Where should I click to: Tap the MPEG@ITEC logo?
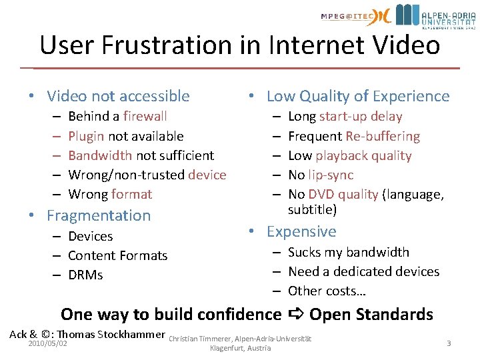354,16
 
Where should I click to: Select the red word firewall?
145,117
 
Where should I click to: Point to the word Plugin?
86,136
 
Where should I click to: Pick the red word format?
131,194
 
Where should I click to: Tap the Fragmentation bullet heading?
99,215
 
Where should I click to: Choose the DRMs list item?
85,275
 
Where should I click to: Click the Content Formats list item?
117,255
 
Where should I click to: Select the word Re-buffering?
383,136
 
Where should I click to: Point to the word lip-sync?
331,175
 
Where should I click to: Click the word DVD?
321,194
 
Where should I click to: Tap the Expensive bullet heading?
301,231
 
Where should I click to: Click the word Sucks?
304,252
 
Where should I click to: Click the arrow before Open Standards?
295,314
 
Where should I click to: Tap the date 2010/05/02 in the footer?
48,343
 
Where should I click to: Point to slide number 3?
449,343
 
